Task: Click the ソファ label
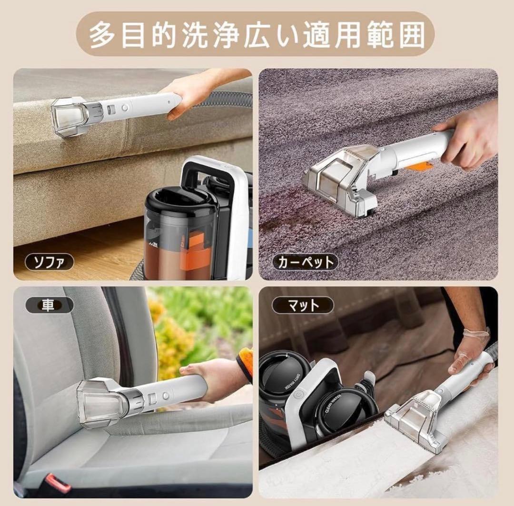49,262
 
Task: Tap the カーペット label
305,262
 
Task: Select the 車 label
48,305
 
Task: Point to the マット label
303,305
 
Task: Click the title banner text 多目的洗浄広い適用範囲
257,34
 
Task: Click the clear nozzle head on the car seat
101,402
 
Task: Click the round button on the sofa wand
125,108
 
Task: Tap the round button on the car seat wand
166,396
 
